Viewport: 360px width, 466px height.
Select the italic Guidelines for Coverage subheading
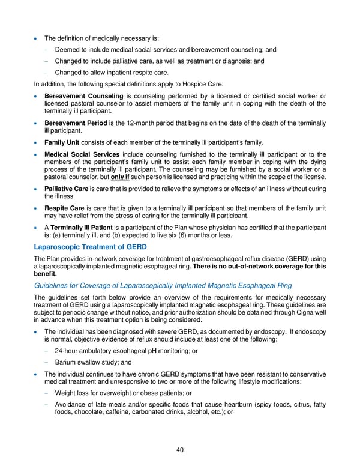(163, 285)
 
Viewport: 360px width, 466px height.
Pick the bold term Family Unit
(64, 142)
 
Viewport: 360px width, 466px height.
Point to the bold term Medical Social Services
(81, 155)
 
